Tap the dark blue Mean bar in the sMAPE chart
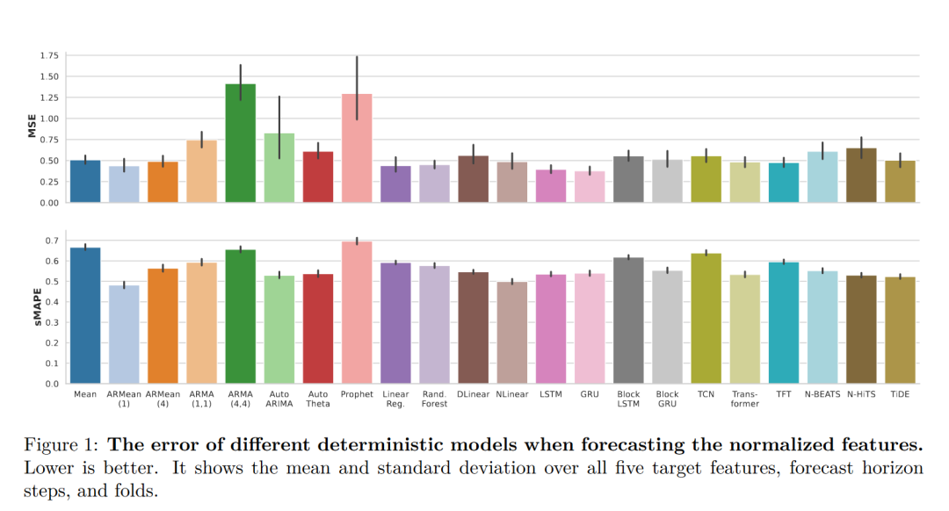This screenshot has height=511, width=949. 85,316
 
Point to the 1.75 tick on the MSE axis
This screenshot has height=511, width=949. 48,55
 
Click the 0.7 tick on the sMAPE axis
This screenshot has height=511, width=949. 52,241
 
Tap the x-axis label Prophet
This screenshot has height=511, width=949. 357,394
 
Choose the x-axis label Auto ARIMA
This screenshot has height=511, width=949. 279,399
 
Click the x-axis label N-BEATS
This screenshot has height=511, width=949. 822,394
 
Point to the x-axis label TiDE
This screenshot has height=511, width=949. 899,394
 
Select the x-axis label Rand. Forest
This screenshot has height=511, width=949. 434,399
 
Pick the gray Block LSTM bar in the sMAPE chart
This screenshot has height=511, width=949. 628,320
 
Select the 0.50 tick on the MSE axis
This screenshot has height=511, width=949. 48,161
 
